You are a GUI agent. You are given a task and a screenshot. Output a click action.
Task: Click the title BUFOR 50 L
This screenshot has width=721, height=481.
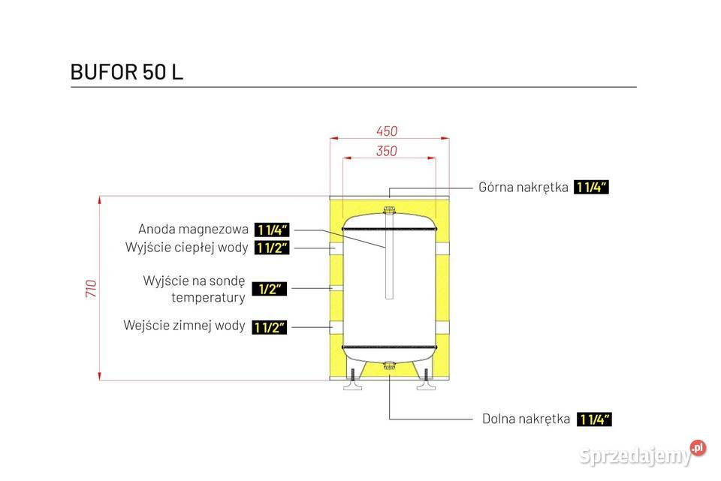[x=126, y=72]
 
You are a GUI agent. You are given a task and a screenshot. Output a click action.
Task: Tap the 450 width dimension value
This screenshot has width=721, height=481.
[x=387, y=131]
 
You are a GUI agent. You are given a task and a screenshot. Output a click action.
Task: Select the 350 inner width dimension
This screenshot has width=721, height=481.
[x=386, y=151]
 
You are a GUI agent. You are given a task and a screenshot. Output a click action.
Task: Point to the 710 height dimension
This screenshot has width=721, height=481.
[x=91, y=288]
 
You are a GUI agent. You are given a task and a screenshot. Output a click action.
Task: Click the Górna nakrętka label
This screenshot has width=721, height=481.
[x=523, y=188]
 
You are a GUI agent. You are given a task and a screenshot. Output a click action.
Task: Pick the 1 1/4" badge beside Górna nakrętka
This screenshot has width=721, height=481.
[x=591, y=188]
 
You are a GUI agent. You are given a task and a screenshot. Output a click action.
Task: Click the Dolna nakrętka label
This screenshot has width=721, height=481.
[x=526, y=419]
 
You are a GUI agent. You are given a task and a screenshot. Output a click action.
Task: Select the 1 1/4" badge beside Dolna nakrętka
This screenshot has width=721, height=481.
[x=595, y=419]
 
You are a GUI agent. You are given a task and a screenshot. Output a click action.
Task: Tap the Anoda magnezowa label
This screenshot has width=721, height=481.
[x=193, y=230]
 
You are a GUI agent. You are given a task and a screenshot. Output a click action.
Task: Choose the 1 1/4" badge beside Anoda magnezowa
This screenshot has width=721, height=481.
[x=272, y=230]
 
